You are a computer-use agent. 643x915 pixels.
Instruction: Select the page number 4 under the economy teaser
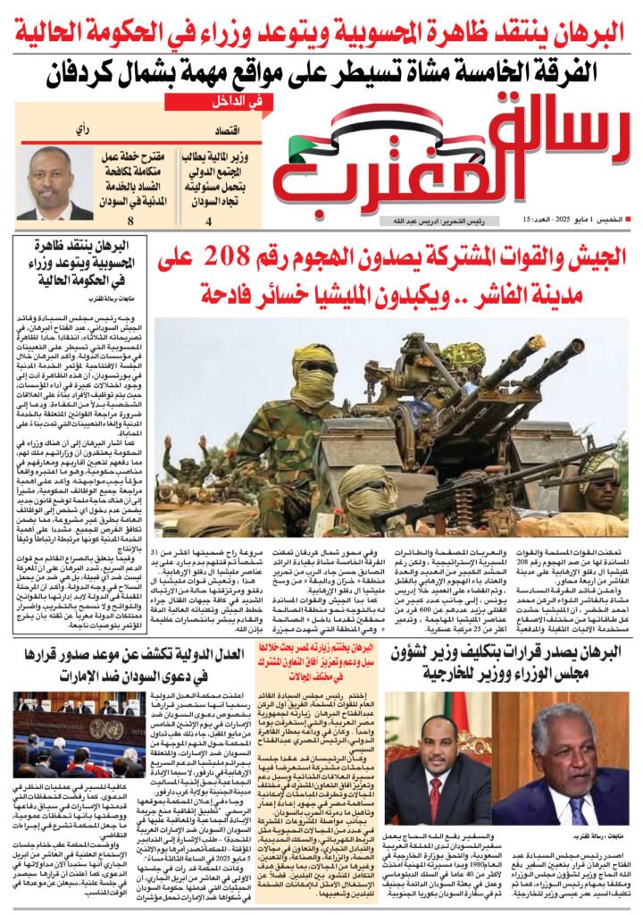click(209, 222)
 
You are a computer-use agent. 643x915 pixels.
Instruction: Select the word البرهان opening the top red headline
click(585, 33)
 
